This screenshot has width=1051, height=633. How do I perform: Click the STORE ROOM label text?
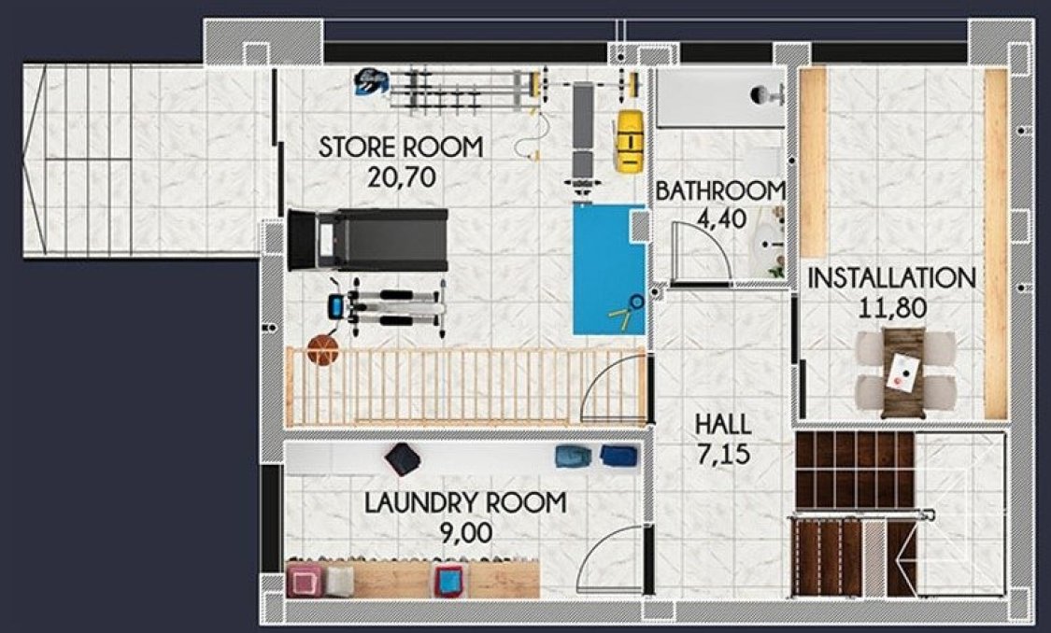(x=401, y=148)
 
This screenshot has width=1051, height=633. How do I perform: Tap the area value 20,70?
(x=401, y=177)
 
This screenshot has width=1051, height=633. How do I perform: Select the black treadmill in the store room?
(x=367, y=240)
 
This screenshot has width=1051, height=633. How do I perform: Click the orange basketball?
(x=322, y=351)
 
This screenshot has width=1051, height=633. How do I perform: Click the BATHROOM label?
(x=719, y=191)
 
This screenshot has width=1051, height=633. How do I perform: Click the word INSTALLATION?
(x=891, y=278)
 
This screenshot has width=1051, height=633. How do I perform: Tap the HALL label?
(x=722, y=425)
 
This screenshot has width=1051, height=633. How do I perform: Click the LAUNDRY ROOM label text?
(x=465, y=503)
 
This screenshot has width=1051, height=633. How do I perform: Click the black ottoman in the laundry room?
(x=403, y=458)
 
